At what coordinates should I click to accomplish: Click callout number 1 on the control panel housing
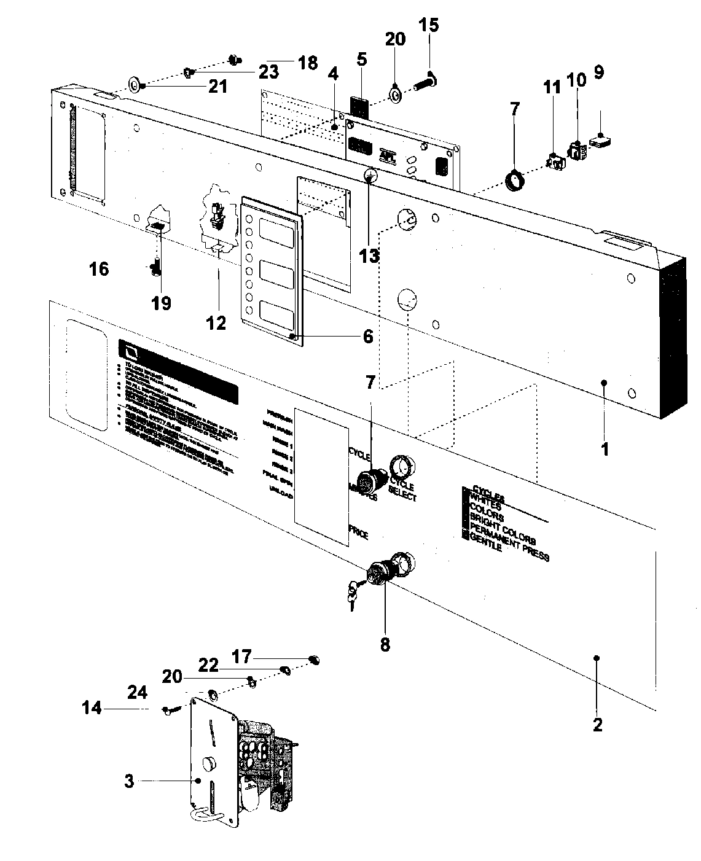pos(605,449)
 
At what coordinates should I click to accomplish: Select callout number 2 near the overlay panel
pos(597,725)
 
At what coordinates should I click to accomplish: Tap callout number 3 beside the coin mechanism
pos(128,781)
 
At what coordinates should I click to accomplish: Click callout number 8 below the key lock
pos(385,645)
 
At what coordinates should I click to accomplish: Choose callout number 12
pos(216,322)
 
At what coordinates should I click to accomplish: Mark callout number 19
pos(162,303)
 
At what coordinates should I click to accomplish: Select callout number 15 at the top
pos(429,26)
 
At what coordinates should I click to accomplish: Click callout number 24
pos(137,692)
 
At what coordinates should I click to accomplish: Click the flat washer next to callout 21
pos(133,84)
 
